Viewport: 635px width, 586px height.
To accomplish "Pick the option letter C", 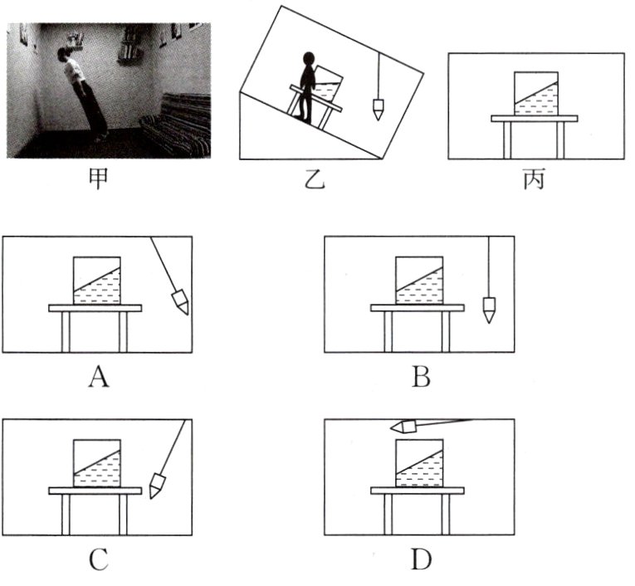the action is click(x=98, y=561).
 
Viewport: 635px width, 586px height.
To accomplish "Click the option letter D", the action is click(x=420, y=561).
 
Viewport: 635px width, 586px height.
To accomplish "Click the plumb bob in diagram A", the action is click(x=179, y=300).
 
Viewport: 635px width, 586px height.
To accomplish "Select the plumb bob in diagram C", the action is click(x=158, y=485).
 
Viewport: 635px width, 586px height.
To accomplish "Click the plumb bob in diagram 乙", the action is click(x=378, y=109).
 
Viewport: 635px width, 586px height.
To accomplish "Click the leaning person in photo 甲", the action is click(x=81, y=91).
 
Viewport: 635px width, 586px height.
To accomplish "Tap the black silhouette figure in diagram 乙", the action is click(x=307, y=87).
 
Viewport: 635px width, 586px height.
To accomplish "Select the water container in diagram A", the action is click(x=97, y=281).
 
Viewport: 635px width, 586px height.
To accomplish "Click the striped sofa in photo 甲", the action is click(x=176, y=125).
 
